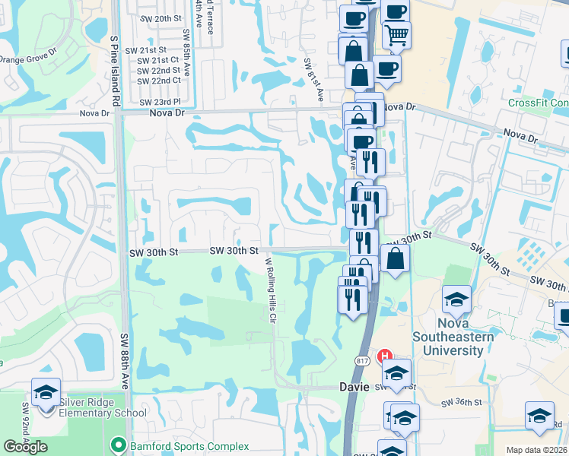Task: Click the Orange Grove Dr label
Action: point(28,59)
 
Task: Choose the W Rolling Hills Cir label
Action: point(269,290)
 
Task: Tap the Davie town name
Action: point(354,387)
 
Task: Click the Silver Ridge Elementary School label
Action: point(91,407)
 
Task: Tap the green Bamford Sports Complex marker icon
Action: point(117,445)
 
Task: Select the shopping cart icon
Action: point(397,34)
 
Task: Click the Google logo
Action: point(25,447)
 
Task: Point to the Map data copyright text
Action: point(537,450)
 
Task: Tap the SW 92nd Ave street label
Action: point(25,426)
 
